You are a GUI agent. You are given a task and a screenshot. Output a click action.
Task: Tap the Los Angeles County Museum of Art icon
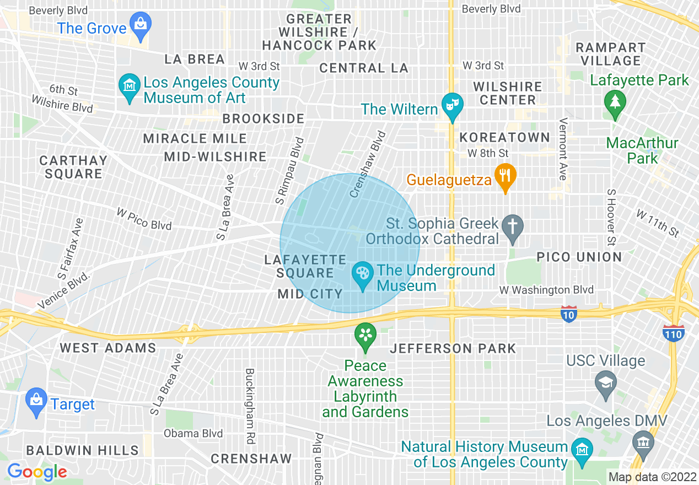coord(130,87)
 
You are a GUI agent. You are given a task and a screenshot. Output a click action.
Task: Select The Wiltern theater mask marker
coord(452,106)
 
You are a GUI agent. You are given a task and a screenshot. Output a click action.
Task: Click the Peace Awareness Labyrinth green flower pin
coord(365,336)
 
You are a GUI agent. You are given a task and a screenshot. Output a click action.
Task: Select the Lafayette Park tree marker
coord(614,103)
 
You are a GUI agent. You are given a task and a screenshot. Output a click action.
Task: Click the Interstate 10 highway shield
coord(569,314)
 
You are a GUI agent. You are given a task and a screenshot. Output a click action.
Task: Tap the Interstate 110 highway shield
coord(674,332)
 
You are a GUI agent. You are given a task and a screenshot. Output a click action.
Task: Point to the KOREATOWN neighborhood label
coord(505,137)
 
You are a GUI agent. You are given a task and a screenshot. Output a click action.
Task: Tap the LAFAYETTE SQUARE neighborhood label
coord(305,266)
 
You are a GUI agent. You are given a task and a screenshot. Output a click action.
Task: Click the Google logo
coord(37,472)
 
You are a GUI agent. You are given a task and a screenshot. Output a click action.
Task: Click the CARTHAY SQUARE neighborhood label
coord(73,167)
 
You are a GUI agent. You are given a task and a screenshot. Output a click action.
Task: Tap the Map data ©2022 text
coord(652,477)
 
